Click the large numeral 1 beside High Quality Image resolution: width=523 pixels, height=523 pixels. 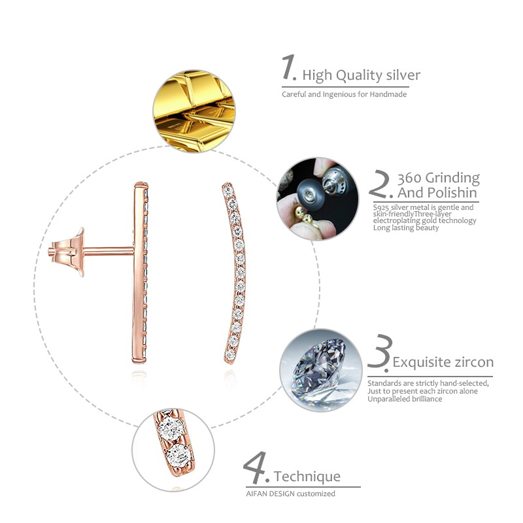click(x=289, y=69)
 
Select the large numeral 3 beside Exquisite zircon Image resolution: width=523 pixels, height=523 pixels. click(x=379, y=353)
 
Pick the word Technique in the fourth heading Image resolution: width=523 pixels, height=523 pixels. click(x=307, y=477)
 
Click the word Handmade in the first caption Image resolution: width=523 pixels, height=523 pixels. click(x=389, y=94)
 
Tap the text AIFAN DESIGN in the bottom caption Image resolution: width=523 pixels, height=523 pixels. click(x=270, y=494)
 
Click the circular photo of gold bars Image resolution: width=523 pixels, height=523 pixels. click(x=194, y=112)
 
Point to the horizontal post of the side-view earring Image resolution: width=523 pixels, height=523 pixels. click(x=108, y=249)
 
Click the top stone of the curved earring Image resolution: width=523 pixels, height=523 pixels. click(x=226, y=188)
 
